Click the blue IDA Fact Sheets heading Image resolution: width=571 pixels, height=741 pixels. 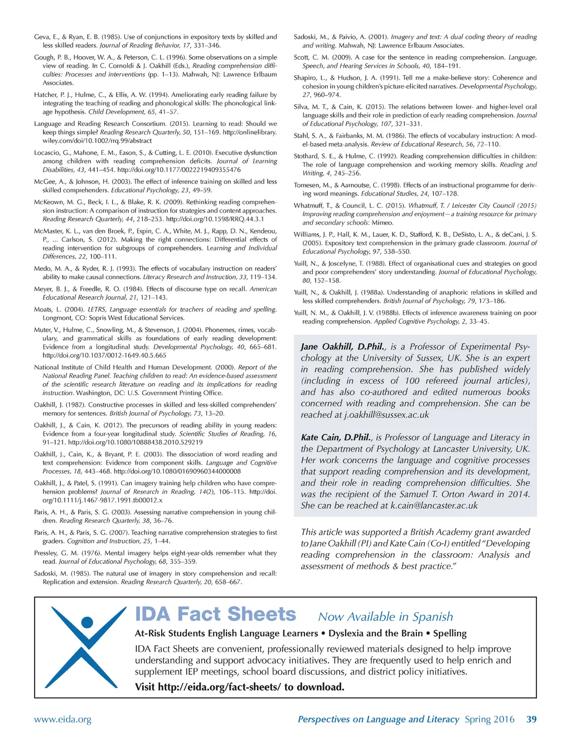[215, 614]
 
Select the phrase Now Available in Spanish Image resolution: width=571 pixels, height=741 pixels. [385, 617]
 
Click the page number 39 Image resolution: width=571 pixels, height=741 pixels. [531, 719]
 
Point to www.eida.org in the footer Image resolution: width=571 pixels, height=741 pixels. [62, 719]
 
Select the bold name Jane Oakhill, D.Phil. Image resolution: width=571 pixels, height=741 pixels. [342, 347]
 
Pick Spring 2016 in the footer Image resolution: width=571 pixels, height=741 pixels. [490, 719]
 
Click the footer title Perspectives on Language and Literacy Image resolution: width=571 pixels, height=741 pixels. [378, 719]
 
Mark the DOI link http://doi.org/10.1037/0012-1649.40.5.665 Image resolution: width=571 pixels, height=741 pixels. [104, 355]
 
